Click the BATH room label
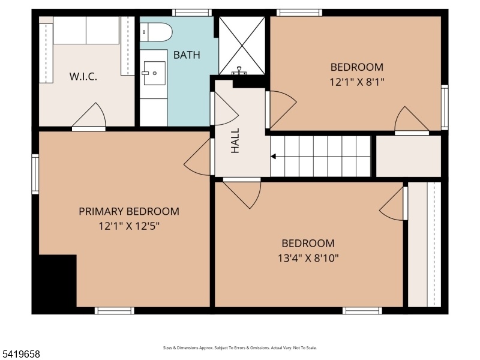point(187,55)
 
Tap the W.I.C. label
point(83,77)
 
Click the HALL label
point(235,140)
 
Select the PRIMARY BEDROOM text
point(129,212)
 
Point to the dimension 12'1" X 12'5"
point(129,227)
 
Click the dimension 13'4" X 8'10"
point(308,259)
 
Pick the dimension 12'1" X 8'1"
point(356,82)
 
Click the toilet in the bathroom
point(156,32)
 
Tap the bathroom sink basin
point(155,73)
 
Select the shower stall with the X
point(242,46)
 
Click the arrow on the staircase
point(274,157)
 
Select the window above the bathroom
point(192,13)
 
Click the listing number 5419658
point(20,355)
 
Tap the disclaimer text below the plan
point(239,348)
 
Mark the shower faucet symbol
point(239,71)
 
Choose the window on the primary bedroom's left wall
point(35,174)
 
